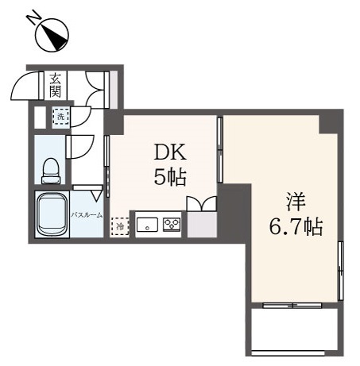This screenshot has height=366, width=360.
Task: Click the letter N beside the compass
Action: click(x=33, y=17)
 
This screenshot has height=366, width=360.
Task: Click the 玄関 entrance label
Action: click(x=56, y=85)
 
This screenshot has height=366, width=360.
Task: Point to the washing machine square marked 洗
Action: click(x=61, y=117)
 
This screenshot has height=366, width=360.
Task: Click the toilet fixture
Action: click(x=51, y=171)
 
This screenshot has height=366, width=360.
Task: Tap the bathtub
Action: click(x=52, y=214)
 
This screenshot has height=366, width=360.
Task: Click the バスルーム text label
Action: click(x=87, y=215)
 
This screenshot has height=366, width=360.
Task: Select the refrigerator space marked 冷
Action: click(x=120, y=226)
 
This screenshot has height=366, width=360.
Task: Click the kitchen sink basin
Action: click(x=147, y=225)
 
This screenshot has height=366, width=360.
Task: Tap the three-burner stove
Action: click(x=172, y=225)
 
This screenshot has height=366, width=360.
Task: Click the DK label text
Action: click(x=170, y=152)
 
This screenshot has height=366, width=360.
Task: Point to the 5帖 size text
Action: click(x=170, y=177)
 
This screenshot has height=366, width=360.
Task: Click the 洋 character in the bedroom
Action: click(x=296, y=202)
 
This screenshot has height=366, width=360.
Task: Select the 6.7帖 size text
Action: click(x=296, y=227)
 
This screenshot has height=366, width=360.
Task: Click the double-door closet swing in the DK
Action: click(x=202, y=203)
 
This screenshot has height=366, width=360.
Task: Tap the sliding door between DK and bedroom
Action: click(x=220, y=149)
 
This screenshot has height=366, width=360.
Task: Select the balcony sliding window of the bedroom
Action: click(x=292, y=306)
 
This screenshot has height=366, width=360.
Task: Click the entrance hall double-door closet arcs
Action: click(x=95, y=90)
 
